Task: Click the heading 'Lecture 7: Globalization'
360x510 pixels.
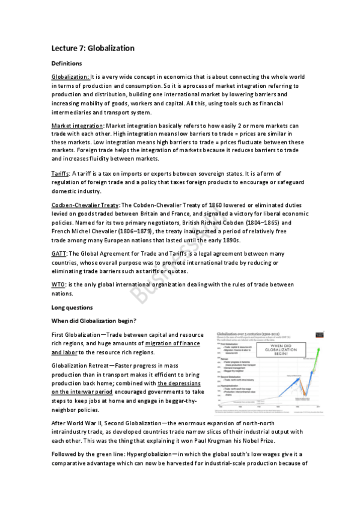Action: click(93, 48)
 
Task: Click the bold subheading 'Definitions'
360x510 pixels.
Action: click(67, 63)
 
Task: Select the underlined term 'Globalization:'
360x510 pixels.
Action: click(70, 77)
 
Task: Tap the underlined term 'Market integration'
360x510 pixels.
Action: click(77, 125)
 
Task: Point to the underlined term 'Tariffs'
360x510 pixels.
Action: click(61, 173)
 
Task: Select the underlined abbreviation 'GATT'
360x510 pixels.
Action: click(59, 254)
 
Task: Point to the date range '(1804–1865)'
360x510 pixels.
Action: click(263, 223)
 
